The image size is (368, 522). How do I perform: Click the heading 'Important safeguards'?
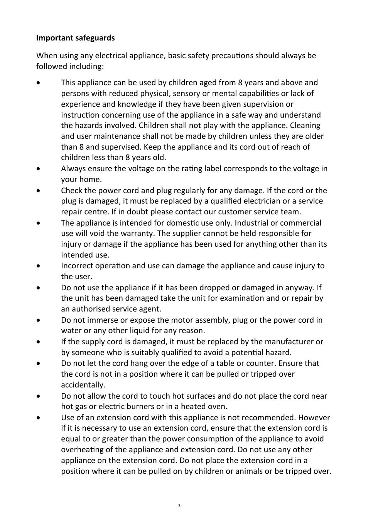pyautogui.click(x=75, y=38)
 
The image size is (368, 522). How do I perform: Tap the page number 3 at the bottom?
pyautogui.click(x=179, y=505)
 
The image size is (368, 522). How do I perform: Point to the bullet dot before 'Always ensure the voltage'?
pyautogui.click(x=38, y=169)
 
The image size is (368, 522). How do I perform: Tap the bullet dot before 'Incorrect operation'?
pyautogui.click(x=38, y=266)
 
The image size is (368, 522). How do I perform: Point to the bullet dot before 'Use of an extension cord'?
pyautogui.click(x=38, y=418)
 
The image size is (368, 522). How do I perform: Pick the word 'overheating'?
pyautogui.click(x=82, y=450)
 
